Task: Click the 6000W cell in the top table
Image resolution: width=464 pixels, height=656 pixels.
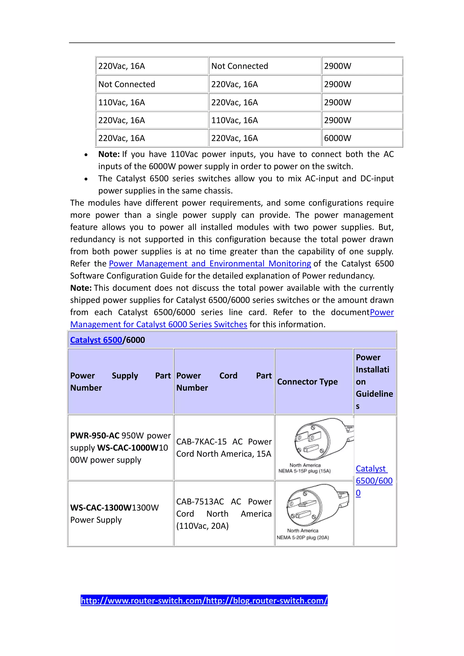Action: pos(337,138)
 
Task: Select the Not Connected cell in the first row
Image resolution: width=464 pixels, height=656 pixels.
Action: pos(239,66)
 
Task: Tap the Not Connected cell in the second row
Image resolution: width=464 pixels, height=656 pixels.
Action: pos(127,84)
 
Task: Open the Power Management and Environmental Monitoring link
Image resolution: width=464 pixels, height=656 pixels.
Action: pos(210,263)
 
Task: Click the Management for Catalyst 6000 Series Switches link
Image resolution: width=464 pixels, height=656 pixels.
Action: pos(159,325)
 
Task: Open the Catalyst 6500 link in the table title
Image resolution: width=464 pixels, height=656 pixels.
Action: pos(96,340)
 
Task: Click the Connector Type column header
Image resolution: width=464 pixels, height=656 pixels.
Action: pos(307,382)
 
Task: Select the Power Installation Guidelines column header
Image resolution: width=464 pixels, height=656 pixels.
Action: pos(374,382)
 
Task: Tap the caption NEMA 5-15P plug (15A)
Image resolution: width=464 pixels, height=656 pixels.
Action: pos(304,471)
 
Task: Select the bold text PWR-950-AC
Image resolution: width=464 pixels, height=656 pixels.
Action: pos(94,436)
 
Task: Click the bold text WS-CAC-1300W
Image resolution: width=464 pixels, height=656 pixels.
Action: pos(101,508)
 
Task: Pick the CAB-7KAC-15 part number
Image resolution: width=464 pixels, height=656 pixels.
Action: pos(201,442)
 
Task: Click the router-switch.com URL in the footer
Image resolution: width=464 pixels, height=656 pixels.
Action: pos(204,601)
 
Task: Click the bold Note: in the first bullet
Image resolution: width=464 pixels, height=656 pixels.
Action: pos(109,154)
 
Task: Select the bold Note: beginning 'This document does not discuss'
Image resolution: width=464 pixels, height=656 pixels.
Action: pos(81,288)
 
